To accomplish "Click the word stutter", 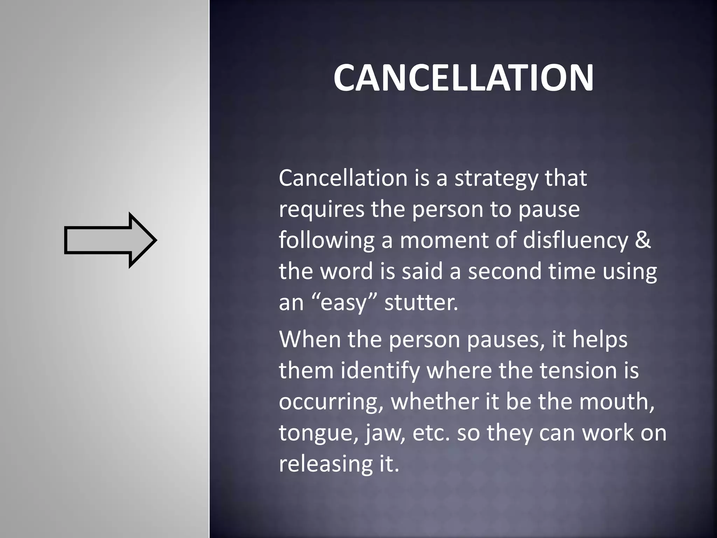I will click(x=421, y=302).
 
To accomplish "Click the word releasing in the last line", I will click(x=324, y=464).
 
